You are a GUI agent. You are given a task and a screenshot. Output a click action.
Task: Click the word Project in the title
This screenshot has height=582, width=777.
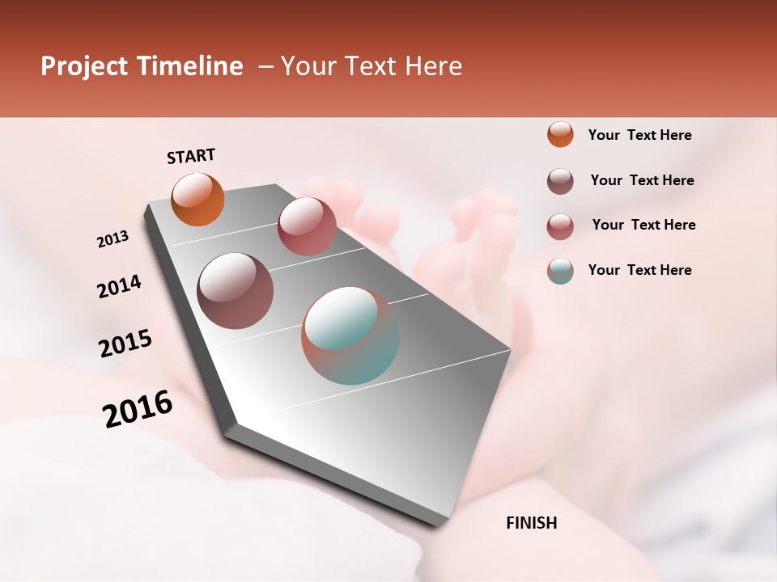click(81, 66)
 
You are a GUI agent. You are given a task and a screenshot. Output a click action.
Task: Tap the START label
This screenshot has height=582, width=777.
click(191, 156)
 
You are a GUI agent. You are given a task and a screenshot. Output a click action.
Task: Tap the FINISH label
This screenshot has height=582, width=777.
click(532, 523)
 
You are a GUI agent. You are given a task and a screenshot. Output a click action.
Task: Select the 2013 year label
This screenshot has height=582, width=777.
click(113, 239)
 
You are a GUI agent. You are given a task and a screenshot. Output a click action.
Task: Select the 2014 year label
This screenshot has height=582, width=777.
click(120, 287)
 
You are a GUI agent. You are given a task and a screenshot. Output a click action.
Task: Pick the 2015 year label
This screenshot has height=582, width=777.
click(125, 344)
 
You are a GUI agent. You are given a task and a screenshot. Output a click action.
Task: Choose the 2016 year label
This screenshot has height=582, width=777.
click(138, 409)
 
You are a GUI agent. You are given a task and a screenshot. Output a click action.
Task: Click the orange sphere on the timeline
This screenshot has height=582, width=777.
click(198, 199)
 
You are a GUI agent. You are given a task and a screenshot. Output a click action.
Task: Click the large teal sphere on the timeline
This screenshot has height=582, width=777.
click(350, 335)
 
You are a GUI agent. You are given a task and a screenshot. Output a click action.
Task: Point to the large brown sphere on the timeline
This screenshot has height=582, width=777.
click(236, 291)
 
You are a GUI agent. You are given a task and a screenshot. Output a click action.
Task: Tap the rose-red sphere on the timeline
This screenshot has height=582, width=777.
click(307, 226)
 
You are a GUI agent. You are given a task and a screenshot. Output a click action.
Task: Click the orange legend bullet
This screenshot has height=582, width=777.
click(560, 134)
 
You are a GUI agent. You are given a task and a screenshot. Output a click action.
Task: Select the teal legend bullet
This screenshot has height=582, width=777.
click(560, 271)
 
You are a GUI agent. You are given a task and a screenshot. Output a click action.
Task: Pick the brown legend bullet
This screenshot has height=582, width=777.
click(560, 181)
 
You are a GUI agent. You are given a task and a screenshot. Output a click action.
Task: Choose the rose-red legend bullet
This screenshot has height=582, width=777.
click(560, 226)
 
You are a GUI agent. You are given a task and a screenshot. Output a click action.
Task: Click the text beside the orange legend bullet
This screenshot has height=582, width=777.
click(640, 136)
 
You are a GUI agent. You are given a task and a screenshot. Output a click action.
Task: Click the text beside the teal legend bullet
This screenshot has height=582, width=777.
click(640, 270)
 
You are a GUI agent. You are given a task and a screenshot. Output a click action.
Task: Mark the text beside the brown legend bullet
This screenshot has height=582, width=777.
click(643, 180)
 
